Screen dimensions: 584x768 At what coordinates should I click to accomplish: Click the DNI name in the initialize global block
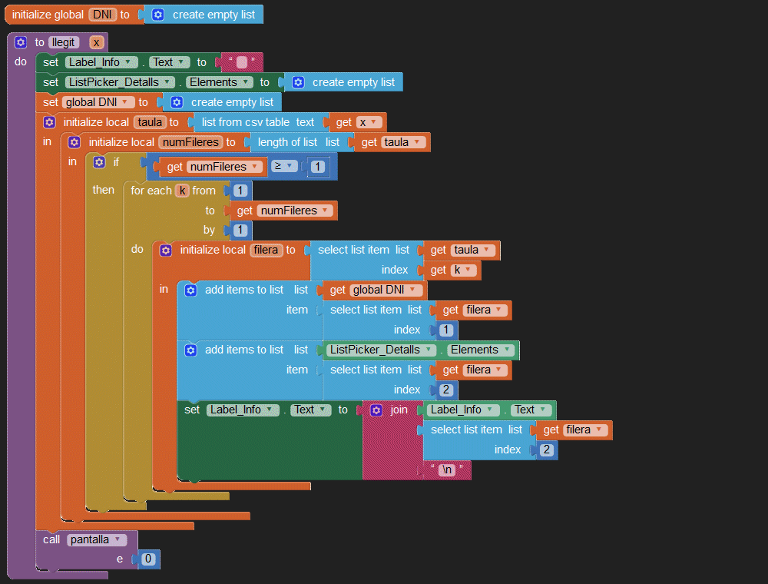[102, 15]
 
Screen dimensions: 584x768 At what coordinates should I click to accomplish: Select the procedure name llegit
[64, 42]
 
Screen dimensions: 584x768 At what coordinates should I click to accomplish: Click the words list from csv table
[246, 122]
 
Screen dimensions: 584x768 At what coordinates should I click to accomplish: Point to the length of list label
[287, 142]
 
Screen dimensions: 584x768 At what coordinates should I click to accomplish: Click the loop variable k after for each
[182, 191]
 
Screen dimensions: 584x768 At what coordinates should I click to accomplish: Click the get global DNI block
[372, 290]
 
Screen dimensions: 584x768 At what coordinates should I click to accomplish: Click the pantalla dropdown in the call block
[96, 540]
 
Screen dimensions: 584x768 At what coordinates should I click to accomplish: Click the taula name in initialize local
[151, 122]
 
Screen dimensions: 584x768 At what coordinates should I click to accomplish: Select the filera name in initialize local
[267, 250]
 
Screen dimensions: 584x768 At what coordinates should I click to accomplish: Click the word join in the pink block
[399, 410]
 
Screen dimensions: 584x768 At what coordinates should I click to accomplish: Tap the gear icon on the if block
[100, 162]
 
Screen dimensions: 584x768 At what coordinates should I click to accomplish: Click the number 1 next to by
[240, 230]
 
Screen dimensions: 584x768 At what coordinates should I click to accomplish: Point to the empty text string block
[241, 62]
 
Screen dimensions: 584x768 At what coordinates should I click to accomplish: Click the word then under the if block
[104, 190]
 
